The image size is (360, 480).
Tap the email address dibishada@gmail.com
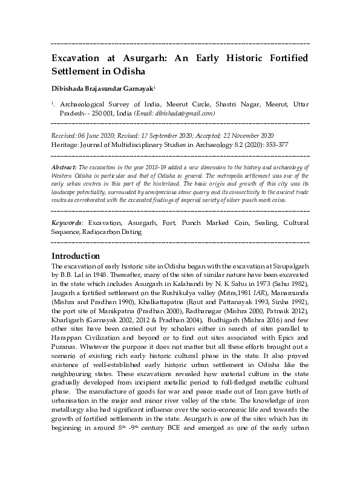187,113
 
